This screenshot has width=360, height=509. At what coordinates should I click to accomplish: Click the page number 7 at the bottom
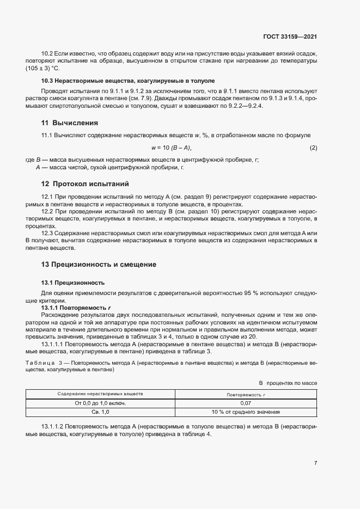point(315,463)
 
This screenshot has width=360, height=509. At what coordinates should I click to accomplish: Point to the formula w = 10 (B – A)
point(171,148)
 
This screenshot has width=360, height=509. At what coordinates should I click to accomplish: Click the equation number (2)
point(313,148)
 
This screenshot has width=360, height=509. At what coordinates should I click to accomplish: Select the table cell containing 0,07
point(245,403)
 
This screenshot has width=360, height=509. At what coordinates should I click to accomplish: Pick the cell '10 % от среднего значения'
point(245,412)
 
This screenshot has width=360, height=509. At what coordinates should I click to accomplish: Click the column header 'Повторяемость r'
point(245,393)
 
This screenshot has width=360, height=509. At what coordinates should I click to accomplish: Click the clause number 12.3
point(47,232)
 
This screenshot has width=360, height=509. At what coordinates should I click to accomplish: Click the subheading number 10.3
point(47,80)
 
